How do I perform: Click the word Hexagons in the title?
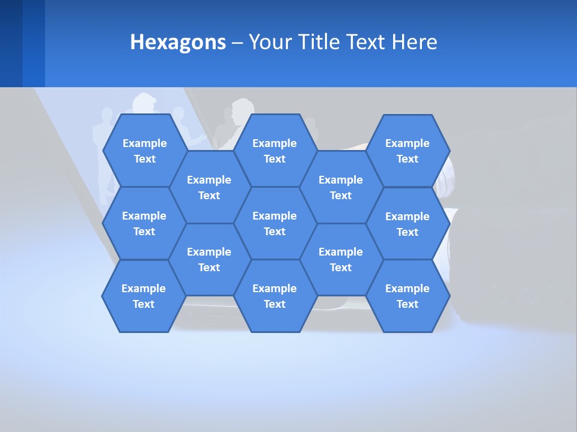[x=178, y=42]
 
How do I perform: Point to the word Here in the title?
[x=414, y=42]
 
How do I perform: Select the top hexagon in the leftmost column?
[x=144, y=151]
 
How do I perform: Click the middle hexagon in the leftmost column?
[x=144, y=223]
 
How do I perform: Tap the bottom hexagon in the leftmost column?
[x=144, y=296]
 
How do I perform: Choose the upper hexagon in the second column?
[x=209, y=187]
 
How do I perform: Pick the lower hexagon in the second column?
[x=209, y=259]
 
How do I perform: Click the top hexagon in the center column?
[x=275, y=151]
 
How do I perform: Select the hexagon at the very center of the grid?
[x=275, y=223]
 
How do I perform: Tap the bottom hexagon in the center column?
[x=275, y=296]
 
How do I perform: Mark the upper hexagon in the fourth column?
[x=341, y=187]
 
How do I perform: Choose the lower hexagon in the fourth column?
[x=341, y=259]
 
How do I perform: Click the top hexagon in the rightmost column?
[x=408, y=151]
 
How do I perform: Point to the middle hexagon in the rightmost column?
[x=408, y=224]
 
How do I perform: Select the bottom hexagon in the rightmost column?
[x=408, y=296]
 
